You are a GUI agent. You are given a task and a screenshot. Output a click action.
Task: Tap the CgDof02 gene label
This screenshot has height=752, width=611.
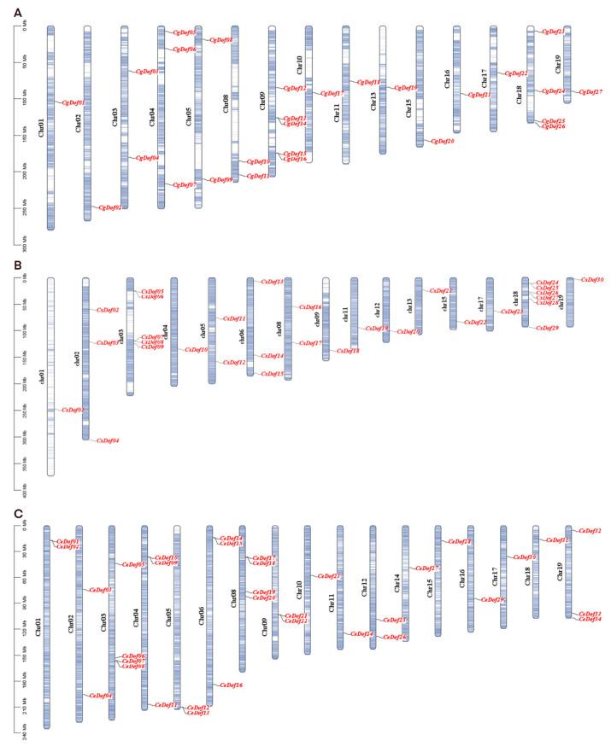pyautogui.click(x=110, y=207)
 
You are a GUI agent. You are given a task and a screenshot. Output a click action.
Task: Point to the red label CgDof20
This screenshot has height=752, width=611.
pyautogui.click(x=442, y=141)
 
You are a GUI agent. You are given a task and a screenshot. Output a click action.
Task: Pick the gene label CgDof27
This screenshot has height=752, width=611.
pyautogui.click(x=590, y=91)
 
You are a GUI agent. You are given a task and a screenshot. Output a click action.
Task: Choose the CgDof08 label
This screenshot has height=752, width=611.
pyautogui.click(x=221, y=40)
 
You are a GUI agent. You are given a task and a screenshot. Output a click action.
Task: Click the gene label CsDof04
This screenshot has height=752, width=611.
pyautogui.click(x=108, y=440)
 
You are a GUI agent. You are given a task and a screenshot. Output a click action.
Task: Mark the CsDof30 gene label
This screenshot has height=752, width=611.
pyautogui.click(x=592, y=279)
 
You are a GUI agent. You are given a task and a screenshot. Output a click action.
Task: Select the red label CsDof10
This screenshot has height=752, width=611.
pyautogui.click(x=197, y=349)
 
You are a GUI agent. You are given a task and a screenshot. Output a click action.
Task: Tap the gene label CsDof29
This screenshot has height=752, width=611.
pyautogui.click(x=547, y=328)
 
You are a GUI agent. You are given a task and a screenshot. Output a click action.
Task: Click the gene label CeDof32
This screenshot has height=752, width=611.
pyautogui.click(x=590, y=531)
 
